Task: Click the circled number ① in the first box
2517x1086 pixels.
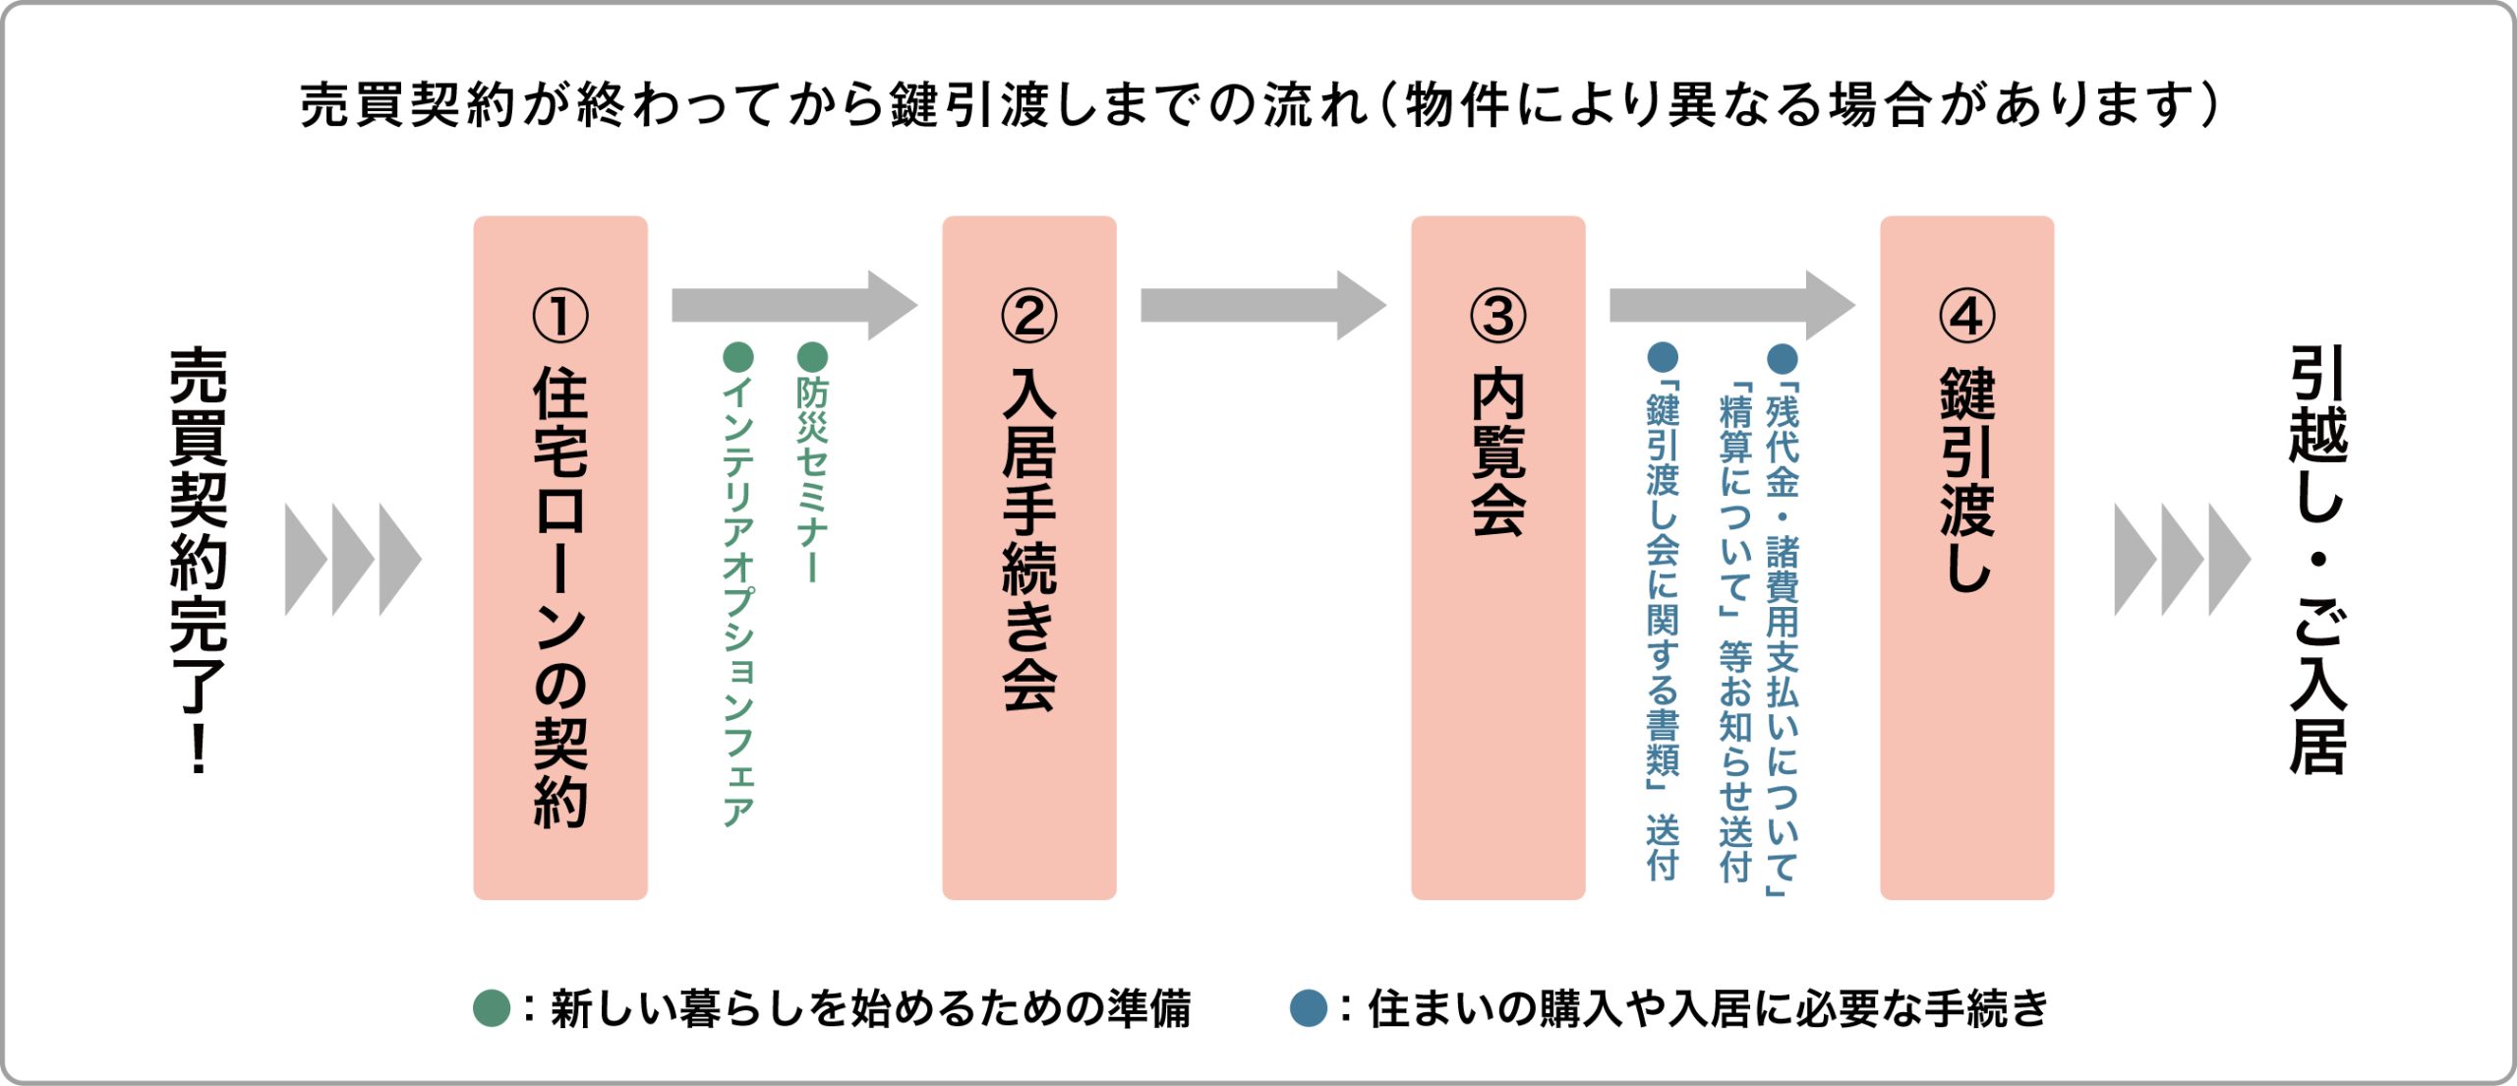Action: (x=559, y=316)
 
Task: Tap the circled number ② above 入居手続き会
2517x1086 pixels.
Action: (x=1028, y=316)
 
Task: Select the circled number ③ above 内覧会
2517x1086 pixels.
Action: (x=1497, y=316)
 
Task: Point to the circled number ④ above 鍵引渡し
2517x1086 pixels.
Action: (x=1966, y=316)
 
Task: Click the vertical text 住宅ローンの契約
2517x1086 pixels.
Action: (x=560, y=596)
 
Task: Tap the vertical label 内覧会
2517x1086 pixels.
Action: (x=1497, y=452)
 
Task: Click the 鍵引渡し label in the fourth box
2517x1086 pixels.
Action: (x=1967, y=480)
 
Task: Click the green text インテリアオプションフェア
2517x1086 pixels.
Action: (x=737, y=601)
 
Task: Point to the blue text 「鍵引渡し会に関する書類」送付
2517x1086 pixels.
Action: (x=1663, y=630)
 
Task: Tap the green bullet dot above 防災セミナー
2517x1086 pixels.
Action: (x=812, y=356)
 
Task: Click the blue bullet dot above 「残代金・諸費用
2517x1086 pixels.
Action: (x=1783, y=358)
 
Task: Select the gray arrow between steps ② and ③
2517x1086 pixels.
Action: (x=1262, y=306)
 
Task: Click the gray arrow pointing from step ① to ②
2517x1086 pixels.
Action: (x=793, y=306)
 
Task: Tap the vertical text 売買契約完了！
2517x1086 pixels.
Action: (x=199, y=560)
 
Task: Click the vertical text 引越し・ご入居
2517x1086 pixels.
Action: (x=2318, y=560)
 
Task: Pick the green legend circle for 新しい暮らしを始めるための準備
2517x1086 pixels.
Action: (x=491, y=1008)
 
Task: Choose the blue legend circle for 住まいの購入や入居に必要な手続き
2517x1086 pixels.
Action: (x=1308, y=1008)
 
